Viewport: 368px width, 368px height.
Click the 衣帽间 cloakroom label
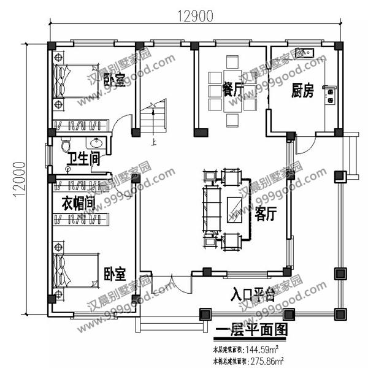[x=78, y=202]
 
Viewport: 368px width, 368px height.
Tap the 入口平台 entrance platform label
[x=251, y=293]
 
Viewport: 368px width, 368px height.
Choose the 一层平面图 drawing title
[x=251, y=331]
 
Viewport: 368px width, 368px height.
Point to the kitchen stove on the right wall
[x=331, y=94]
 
